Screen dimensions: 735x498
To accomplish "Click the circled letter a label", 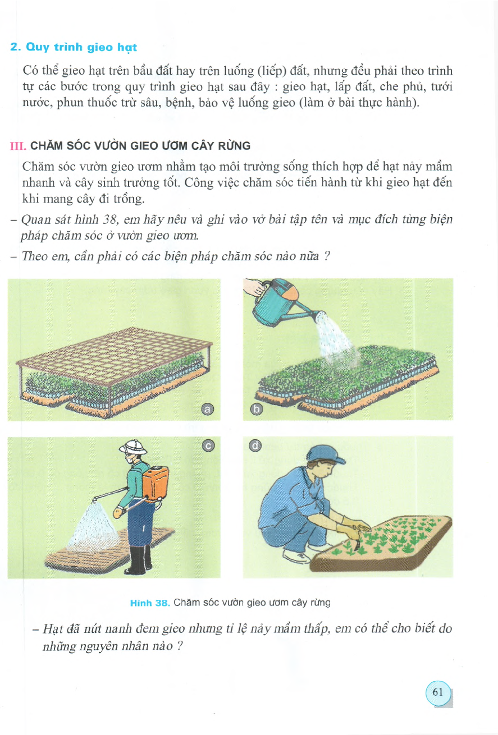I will [x=208, y=410].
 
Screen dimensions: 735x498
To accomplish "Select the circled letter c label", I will [x=208, y=446].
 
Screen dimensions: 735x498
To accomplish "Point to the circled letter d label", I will [x=256, y=446].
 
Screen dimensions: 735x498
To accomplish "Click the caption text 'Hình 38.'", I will [x=149, y=603].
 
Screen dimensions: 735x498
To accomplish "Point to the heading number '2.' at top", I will [x=16, y=48].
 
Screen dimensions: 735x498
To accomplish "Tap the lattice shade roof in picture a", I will [x=121, y=348].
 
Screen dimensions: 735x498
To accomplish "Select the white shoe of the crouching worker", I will [x=296, y=555].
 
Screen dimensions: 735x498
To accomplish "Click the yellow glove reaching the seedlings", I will [x=357, y=526].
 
